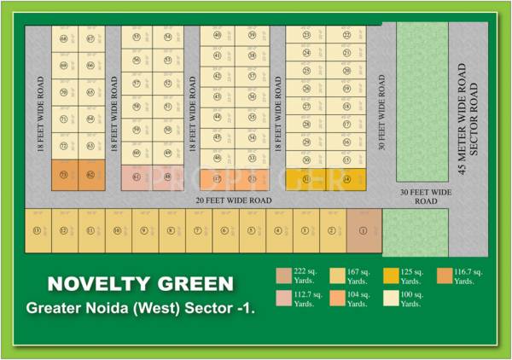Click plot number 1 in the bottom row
pos(364,230)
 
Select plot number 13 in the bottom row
pos(37,230)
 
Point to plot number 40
pos(218,35)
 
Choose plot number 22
pos(347,35)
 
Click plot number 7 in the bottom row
pos(198,230)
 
